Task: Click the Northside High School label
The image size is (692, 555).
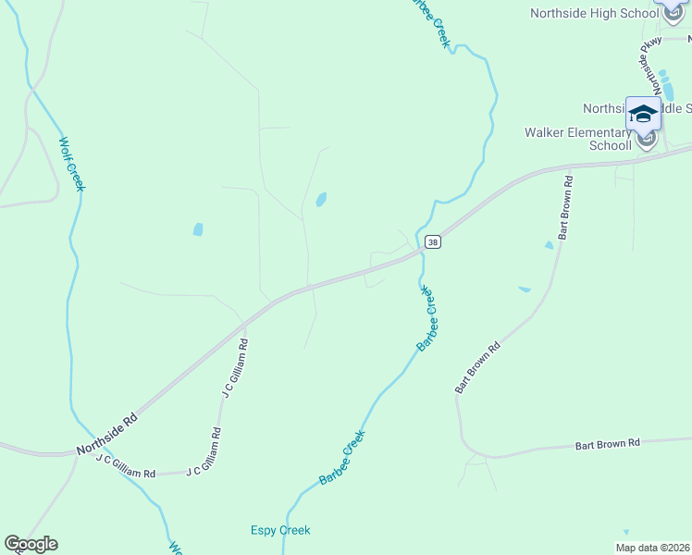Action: [594, 13]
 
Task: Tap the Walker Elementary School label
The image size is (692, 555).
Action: [578, 139]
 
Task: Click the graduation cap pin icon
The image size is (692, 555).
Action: [643, 114]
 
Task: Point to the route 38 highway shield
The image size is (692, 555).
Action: [432, 242]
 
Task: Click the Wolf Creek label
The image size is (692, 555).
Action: [72, 165]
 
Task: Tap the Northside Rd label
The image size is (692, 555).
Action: [106, 434]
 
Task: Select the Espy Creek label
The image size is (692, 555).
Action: [280, 530]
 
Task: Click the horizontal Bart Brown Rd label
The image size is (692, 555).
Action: [608, 444]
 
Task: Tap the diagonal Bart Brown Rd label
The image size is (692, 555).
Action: [478, 367]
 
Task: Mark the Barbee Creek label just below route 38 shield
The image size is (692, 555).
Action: [426, 318]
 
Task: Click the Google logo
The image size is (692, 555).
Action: [31, 544]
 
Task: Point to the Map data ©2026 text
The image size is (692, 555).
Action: [651, 548]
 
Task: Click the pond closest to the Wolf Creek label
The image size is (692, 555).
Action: [198, 229]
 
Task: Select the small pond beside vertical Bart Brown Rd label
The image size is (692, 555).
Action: [549, 245]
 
